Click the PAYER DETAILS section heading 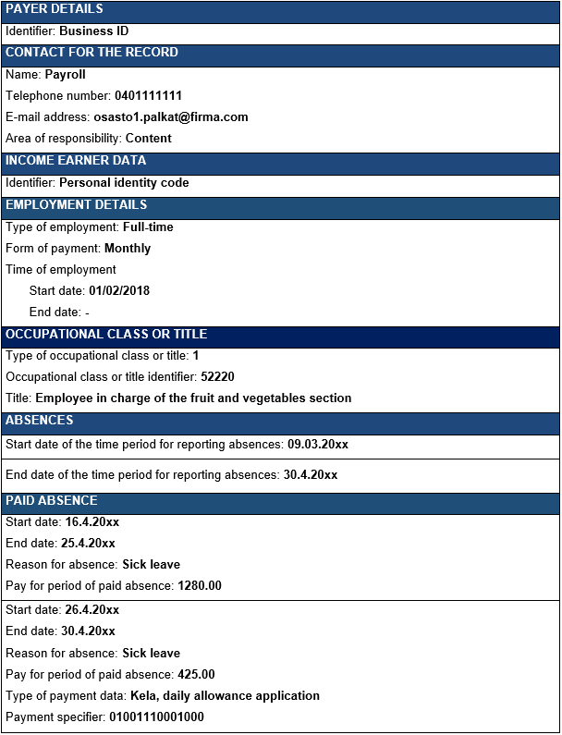pos(55,9)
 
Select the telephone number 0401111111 pos(148,96)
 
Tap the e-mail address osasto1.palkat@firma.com pos(171,117)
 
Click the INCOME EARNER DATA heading pos(76,161)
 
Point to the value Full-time pos(148,227)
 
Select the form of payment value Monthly pos(128,249)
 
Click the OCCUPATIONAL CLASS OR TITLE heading pos(106,335)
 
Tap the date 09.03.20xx pos(318,445)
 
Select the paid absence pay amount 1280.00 pos(200,586)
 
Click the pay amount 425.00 pos(196,675)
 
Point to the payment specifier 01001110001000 pos(156,717)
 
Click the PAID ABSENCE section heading pos(52,501)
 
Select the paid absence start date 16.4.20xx pos(92,522)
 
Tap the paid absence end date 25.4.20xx pos(90,544)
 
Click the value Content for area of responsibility pos(149,139)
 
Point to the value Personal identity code pos(124,183)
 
